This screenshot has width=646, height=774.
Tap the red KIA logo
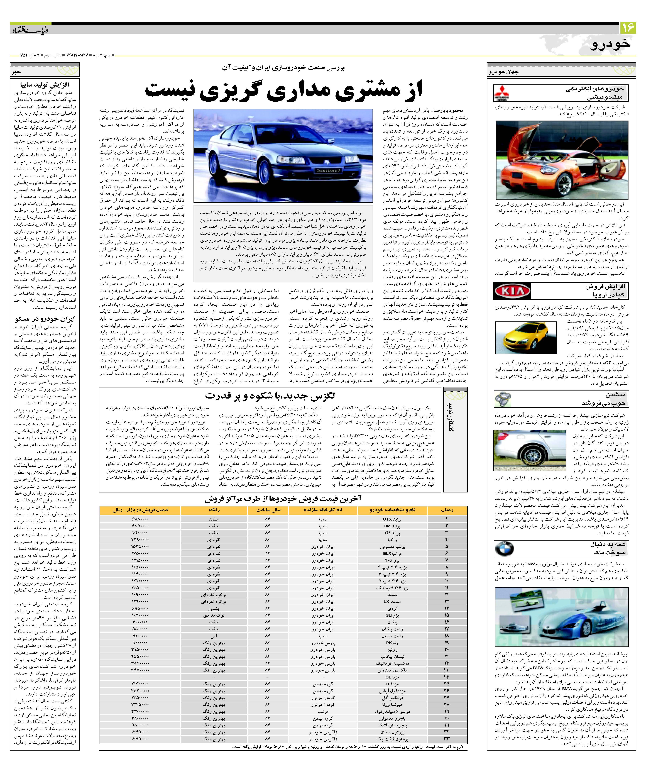pyautogui.click(x=512, y=291)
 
